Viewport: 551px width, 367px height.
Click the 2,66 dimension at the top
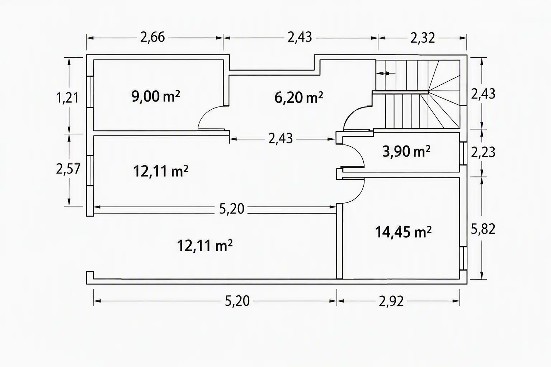coord(152,38)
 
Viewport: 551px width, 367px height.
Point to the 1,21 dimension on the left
coord(67,98)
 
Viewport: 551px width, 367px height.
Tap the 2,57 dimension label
coord(68,169)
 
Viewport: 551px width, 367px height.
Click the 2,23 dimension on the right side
coord(483,152)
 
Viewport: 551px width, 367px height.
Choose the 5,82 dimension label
coord(483,229)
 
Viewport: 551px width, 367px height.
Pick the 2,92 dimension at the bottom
coord(391,301)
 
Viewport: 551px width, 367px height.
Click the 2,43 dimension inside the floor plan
coord(281,139)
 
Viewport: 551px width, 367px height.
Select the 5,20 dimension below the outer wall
coord(237,301)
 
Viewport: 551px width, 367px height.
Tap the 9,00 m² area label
coord(156,96)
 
